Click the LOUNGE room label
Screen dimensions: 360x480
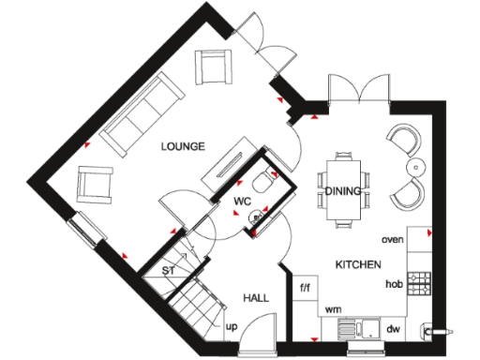(x=182, y=146)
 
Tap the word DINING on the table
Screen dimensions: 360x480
(x=343, y=191)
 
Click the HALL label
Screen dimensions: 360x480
(x=256, y=297)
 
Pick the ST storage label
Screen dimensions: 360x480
(x=170, y=272)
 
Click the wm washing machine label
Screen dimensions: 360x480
(x=332, y=308)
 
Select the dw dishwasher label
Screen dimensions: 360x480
(x=394, y=328)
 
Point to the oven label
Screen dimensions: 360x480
(x=392, y=240)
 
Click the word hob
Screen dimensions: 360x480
(x=394, y=283)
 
